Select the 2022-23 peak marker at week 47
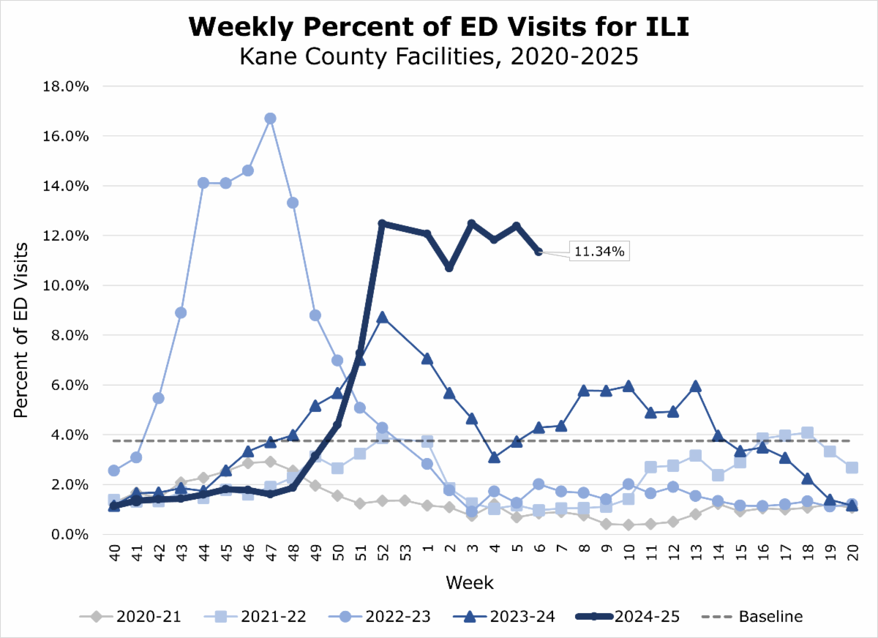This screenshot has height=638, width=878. (x=270, y=119)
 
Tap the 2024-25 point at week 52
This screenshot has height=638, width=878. (x=381, y=223)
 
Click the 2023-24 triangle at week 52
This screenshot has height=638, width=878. (x=381, y=318)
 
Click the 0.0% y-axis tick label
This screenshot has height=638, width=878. (x=70, y=534)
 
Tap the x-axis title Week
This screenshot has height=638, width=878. (x=469, y=583)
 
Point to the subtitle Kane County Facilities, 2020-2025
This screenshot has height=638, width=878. (x=438, y=56)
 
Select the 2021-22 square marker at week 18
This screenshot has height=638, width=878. (x=807, y=432)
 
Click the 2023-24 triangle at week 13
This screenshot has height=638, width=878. (x=696, y=386)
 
